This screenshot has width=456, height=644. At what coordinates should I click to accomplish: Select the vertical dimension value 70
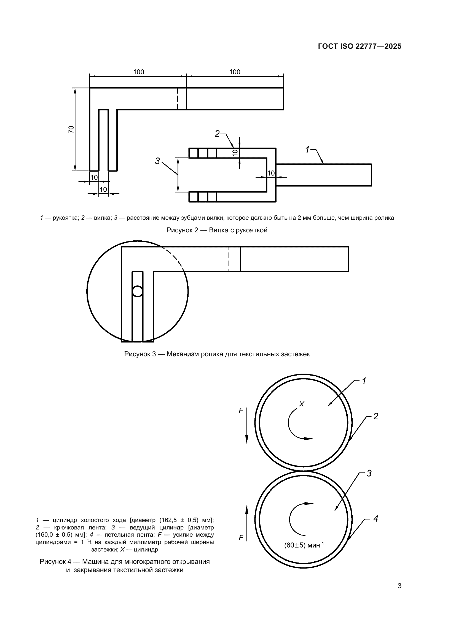pyautogui.click(x=71, y=129)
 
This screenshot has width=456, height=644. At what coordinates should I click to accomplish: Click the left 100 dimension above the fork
pyautogui.click(x=138, y=72)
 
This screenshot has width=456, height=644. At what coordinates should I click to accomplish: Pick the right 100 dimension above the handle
pyautogui.click(x=235, y=72)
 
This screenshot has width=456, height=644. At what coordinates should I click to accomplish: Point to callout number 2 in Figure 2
pyautogui.click(x=217, y=134)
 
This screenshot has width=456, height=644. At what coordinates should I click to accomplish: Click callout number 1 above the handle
pyautogui.click(x=307, y=150)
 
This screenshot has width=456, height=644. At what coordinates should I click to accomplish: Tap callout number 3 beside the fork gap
pyautogui.click(x=157, y=161)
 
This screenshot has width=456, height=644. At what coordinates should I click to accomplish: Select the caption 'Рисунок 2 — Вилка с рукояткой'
pyautogui.click(x=217, y=230)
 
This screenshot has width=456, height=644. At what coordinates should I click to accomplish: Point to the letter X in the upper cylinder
pyautogui.click(x=302, y=404)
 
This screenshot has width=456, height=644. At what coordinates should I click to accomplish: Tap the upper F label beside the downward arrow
pyautogui.click(x=241, y=410)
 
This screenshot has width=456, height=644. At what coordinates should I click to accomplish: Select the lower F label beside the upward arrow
pyautogui.click(x=241, y=538)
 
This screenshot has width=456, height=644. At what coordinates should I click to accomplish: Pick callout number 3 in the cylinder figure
pyautogui.click(x=369, y=474)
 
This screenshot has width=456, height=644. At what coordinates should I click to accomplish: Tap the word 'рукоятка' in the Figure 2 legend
pyautogui.click(x=63, y=218)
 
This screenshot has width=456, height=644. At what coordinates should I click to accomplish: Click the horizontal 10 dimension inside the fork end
pyautogui.click(x=271, y=173)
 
